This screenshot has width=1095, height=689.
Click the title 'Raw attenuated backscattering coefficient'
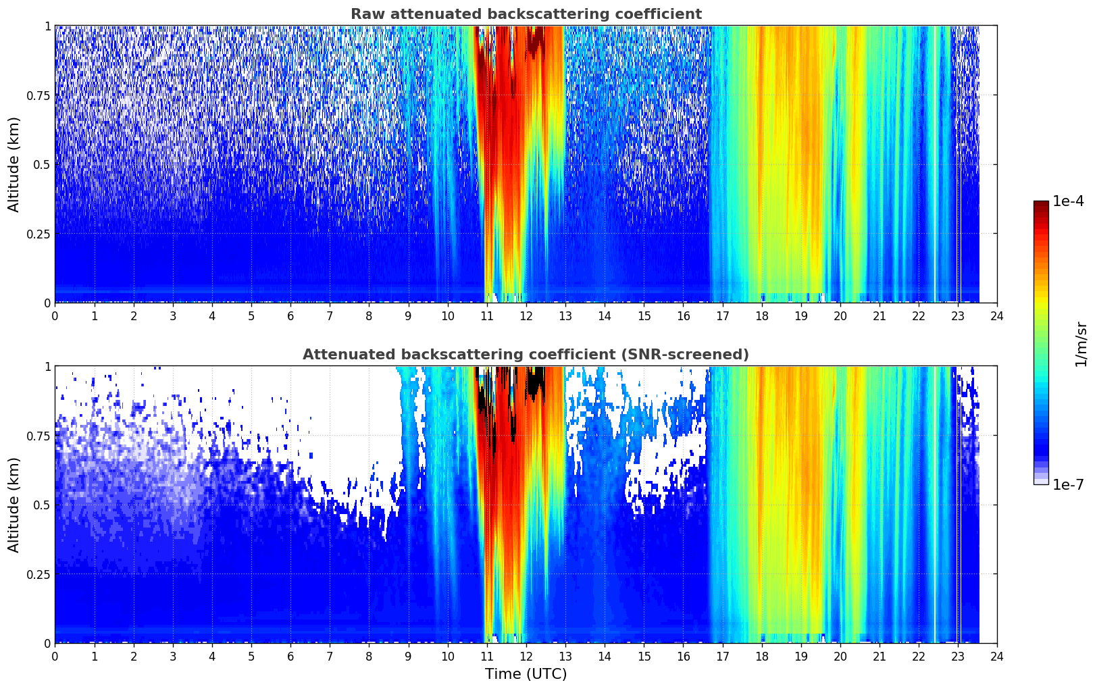coord(526,14)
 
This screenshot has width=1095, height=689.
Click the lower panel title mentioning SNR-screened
coord(526,355)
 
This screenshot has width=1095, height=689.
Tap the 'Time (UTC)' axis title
coord(526,674)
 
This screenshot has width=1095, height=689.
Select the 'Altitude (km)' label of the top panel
coord(14,164)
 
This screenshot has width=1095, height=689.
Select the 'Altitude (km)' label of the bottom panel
coord(14,505)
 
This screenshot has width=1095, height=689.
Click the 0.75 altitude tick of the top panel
coord(39,95)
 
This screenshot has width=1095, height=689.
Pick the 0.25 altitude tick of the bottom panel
coord(39,574)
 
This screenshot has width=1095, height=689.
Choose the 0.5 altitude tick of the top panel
coord(42,164)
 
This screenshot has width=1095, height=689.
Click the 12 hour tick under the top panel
coord(526,315)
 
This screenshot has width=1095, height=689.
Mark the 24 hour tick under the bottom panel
coord(997,656)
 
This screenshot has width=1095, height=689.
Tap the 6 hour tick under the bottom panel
coord(290,656)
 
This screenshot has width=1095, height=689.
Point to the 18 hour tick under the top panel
coord(761,315)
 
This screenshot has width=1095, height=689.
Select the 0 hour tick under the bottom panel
coord(55,656)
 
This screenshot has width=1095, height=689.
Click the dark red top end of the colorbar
coord(1041,203)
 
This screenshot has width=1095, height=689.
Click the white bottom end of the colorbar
coord(1041,482)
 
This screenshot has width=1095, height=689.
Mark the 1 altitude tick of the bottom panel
coord(47,366)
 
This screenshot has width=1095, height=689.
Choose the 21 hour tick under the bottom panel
coord(879,656)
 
